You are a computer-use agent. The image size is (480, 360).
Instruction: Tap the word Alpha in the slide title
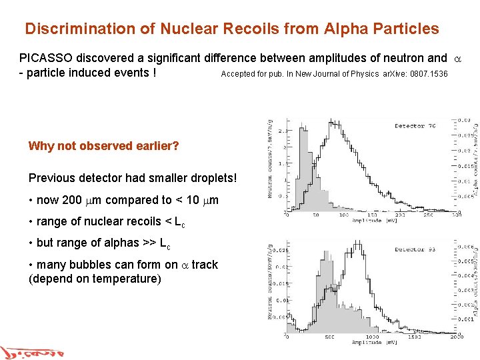click(x=345, y=29)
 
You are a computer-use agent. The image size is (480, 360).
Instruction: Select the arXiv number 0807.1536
click(x=429, y=74)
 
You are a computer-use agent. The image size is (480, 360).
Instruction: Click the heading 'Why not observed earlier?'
click(x=103, y=146)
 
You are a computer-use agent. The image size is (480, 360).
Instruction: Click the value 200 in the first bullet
click(x=71, y=200)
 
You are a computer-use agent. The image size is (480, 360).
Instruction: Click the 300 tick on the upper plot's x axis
click(x=455, y=215)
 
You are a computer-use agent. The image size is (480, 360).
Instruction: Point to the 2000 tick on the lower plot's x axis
click(x=455, y=337)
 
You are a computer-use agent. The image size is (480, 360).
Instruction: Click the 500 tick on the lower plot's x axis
click(x=329, y=337)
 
